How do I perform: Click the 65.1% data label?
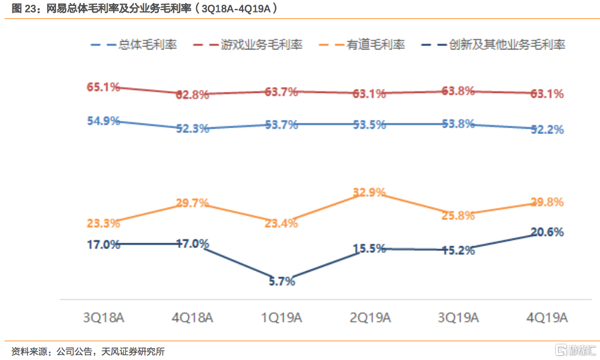(x=103, y=87)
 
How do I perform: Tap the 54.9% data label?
(x=103, y=120)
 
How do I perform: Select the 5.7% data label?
(x=282, y=282)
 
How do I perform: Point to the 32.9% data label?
(x=369, y=193)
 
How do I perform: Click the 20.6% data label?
(x=548, y=232)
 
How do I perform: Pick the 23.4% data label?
(x=282, y=224)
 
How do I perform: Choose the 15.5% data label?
(x=369, y=249)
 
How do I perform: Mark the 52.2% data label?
(x=548, y=129)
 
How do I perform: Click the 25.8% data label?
(x=459, y=215)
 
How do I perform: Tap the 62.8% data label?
(x=192, y=94)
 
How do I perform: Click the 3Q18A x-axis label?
(x=104, y=318)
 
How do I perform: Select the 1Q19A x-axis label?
(x=282, y=318)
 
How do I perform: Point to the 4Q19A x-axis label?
(x=548, y=318)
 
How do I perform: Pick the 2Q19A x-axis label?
(x=370, y=318)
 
